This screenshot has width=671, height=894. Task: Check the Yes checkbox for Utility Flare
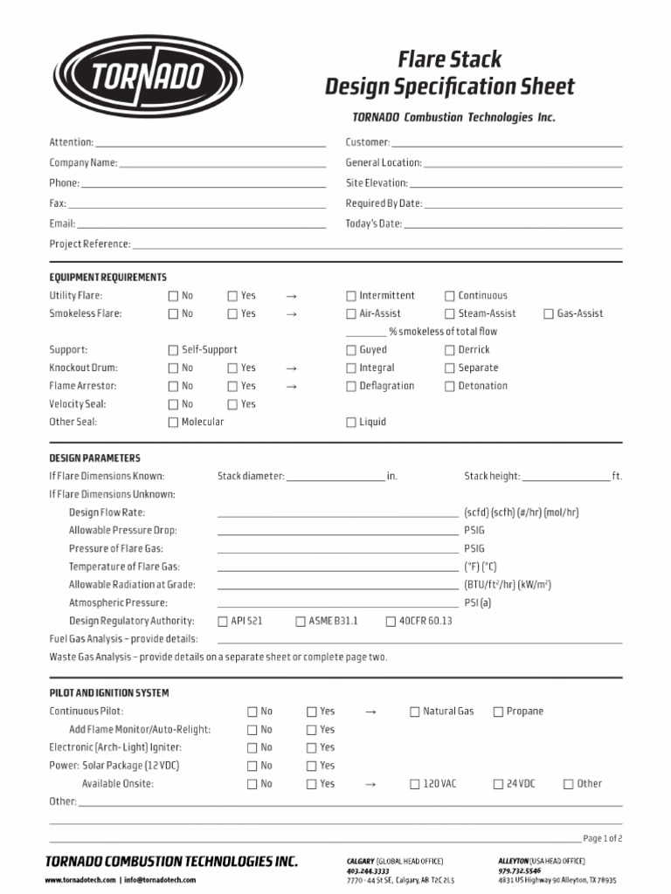point(232,296)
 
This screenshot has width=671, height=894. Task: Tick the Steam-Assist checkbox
point(450,314)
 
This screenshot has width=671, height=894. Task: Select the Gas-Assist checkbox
point(549,314)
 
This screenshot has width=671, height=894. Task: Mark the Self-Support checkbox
point(173,350)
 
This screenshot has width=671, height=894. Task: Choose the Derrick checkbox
point(450,350)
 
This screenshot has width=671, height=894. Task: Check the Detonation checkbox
point(450,386)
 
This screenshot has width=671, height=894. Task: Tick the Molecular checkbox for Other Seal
point(173,423)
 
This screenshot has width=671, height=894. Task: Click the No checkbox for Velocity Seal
point(173,404)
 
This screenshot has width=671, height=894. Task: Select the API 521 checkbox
point(223,622)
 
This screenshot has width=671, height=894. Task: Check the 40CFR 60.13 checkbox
point(391,622)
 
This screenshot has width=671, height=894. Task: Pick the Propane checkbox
point(498,712)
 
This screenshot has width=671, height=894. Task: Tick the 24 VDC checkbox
point(498,785)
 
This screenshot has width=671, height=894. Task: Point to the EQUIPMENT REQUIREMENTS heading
point(107,278)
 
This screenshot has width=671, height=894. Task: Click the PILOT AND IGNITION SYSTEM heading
point(109,693)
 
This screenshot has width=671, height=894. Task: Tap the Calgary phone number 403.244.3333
point(368,871)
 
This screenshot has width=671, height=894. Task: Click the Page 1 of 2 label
point(603,838)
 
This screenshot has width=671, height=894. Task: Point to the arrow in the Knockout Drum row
point(292,368)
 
